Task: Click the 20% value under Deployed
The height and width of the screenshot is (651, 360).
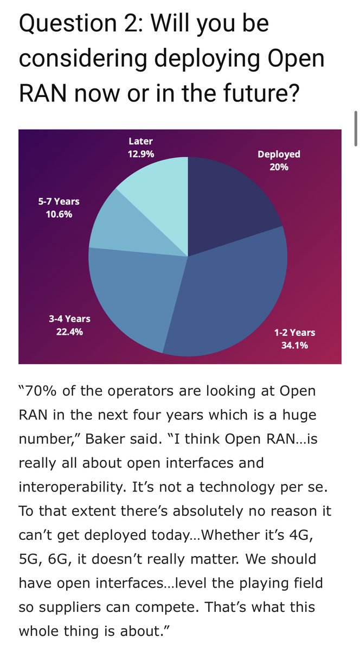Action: tap(279, 167)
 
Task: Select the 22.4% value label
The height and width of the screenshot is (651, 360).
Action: tap(69, 332)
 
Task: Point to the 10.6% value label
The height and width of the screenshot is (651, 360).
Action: tap(59, 214)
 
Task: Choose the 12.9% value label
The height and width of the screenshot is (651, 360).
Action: tap(141, 154)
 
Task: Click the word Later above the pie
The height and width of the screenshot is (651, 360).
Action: tap(140, 142)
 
